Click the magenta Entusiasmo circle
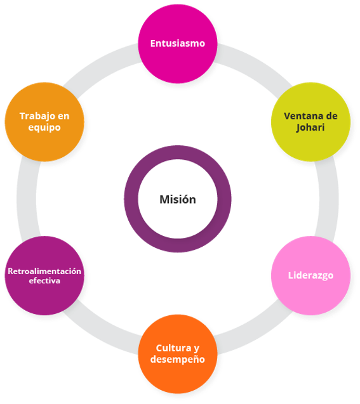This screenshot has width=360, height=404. tap(178, 44)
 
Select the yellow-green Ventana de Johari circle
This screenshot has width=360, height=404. tap(310, 122)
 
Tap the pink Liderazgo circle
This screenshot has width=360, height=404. tap(310, 275)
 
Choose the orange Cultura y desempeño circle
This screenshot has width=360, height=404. tap(178, 354)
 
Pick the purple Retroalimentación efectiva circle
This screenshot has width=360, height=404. tap(44, 275)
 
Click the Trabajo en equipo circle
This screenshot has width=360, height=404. tap(44, 122)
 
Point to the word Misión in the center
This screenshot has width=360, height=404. tap(178, 199)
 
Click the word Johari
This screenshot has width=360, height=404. tap(310, 127)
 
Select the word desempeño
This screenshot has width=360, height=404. tap(178, 360)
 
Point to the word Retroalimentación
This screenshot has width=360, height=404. tap(44, 271)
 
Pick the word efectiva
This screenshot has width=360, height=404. tap(44, 280)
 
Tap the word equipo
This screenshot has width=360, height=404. tap(44, 127)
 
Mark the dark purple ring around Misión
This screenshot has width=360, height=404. tap(178, 152)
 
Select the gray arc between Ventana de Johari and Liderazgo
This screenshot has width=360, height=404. tap(329, 199)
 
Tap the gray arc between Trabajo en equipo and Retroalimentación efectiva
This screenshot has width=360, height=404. tap(27, 199)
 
